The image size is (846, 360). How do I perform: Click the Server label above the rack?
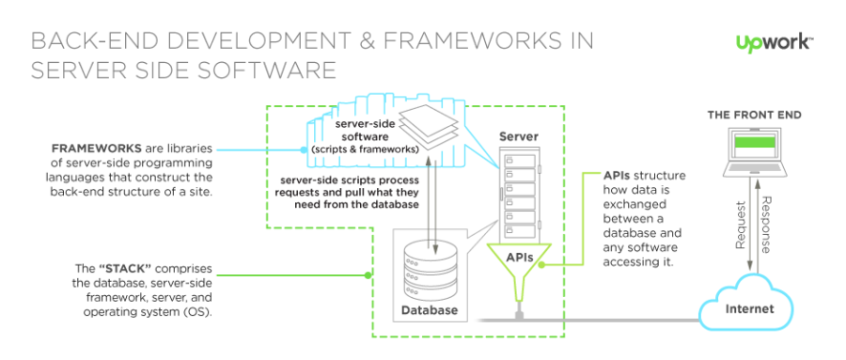pyautogui.click(x=519, y=137)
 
